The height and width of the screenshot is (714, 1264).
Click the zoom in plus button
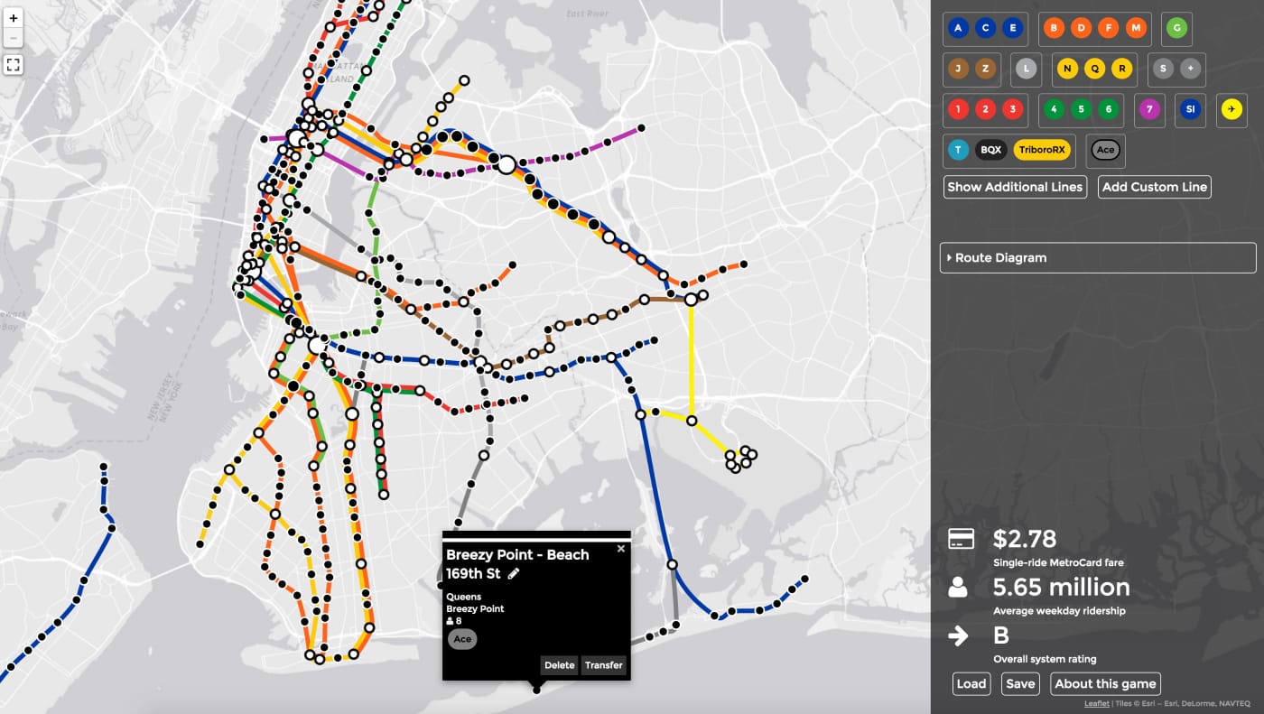click(14, 18)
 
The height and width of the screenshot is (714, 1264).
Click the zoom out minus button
click(14, 38)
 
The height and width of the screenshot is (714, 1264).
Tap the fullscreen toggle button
click(14, 64)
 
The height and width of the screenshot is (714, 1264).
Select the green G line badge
click(1176, 29)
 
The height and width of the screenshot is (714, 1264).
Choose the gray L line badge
click(1026, 69)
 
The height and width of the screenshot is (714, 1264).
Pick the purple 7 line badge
click(1148, 109)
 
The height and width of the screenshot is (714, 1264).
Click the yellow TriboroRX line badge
click(1044, 150)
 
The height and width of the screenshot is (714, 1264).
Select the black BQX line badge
click(991, 150)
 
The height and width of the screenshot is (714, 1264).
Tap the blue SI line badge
click(1190, 109)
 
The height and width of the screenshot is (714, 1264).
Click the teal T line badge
click(958, 150)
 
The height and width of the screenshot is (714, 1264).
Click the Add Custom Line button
click(1154, 187)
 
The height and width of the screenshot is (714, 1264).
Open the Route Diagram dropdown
click(1097, 257)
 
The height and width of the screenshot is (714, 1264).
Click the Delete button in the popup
click(559, 665)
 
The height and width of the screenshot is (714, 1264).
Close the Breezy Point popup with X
click(620, 548)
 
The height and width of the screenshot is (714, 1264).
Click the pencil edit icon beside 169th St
click(514, 573)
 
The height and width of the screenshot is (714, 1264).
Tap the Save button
click(1020, 683)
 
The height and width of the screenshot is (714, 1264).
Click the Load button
click(971, 683)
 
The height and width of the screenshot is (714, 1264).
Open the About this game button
click(1105, 683)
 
